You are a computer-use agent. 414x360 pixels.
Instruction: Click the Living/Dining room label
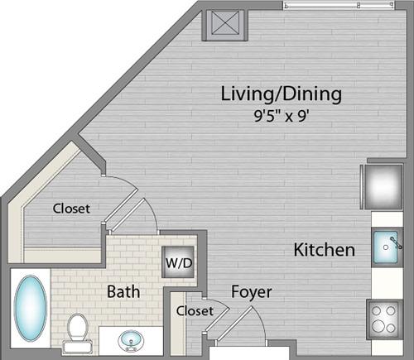click(282, 94)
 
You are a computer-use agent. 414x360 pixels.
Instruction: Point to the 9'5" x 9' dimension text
click(281, 116)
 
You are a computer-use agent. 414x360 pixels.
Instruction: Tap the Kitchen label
click(325, 250)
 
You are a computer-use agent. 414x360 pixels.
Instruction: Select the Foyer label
click(252, 292)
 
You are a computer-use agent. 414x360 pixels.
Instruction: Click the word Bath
click(123, 291)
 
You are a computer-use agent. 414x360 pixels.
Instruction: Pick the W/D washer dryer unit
click(178, 262)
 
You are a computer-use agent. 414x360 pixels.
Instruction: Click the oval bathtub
click(31, 308)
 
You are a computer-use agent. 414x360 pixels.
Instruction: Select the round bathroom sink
click(131, 340)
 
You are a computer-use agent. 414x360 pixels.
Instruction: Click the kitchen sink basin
click(386, 247)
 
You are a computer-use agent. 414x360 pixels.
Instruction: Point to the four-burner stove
click(384, 319)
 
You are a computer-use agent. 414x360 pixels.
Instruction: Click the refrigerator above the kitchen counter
click(383, 186)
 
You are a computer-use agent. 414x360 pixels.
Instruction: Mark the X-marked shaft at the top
click(224, 25)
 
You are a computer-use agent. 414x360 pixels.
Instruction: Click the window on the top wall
click(339, 5)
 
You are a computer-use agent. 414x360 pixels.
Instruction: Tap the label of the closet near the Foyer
click(195, 311)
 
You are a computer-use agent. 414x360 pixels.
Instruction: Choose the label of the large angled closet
click(71, 209)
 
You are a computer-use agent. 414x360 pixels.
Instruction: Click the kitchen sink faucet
click(397, 243)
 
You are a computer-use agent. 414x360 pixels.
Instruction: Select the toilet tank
click(77, 347)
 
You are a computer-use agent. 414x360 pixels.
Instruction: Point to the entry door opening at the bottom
click(249, 353)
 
